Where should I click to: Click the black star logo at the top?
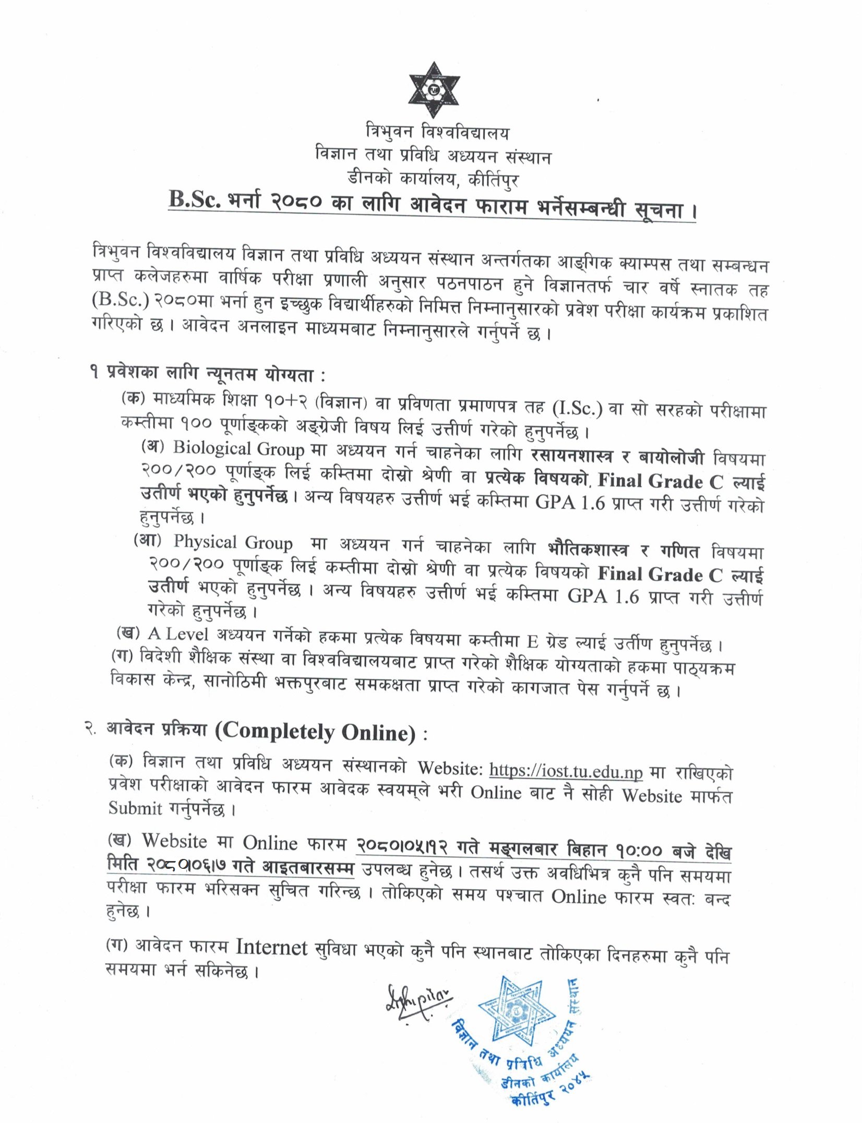(x=434, y=90)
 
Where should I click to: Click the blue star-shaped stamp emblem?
(x=517, y=1010)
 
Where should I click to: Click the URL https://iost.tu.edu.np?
(x=566, y=770)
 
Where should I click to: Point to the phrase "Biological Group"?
(x=238, y=449)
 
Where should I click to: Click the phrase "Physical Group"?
(x=233, y=542)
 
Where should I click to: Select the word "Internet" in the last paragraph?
(x=271, y=947)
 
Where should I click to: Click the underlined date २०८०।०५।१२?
(x=402, y=846)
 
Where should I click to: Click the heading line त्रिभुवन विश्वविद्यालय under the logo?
(x=437, y=133)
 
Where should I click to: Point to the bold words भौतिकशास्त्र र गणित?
(x=623, y=550)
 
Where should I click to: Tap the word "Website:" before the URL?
(x=450, y=768)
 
